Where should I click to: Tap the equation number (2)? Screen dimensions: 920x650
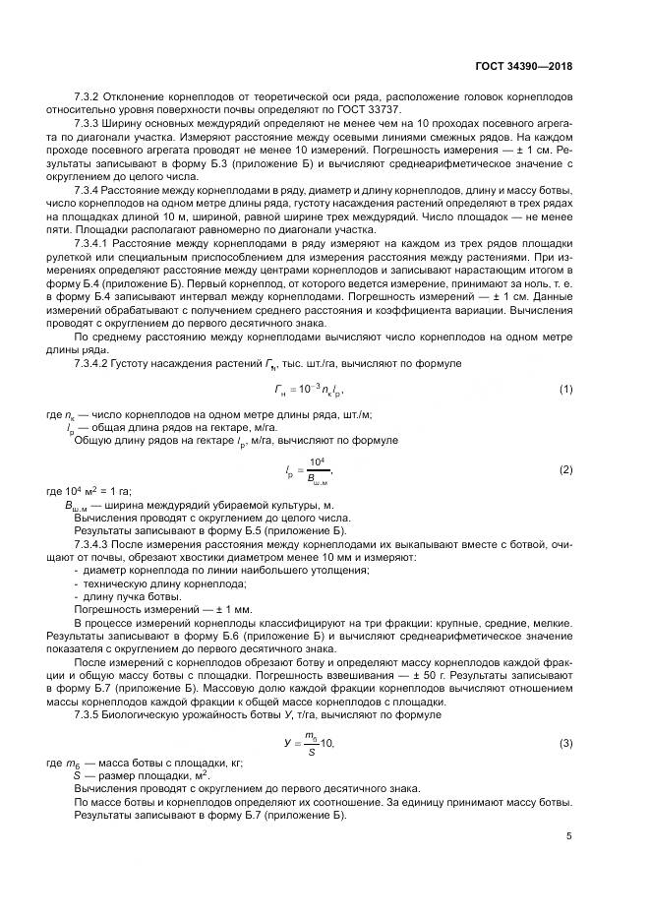coord(565,470)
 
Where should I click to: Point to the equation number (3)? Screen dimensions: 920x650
coord(565,744)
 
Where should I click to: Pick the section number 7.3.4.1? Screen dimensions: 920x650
coord(97,242)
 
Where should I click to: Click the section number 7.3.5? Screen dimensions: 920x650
coord(92,713)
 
